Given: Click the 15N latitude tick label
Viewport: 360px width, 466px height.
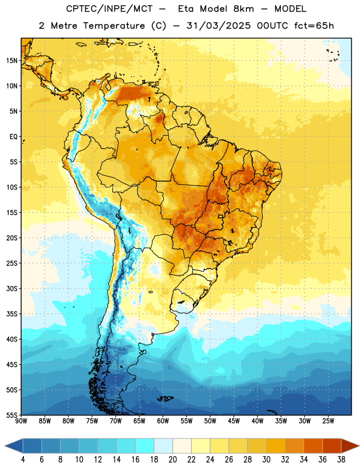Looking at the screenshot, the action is (12, 61).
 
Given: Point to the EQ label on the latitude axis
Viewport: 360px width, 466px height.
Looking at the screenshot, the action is (13, 137).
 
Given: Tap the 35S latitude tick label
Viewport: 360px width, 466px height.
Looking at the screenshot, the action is (12, 314).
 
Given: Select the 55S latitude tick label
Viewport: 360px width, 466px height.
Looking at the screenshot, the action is (12, 415).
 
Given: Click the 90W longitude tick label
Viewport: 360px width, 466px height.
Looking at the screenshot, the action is (22, 421).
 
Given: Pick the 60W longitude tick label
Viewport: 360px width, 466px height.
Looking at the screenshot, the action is (163, 421).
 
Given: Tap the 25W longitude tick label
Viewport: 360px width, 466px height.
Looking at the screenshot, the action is (328, 421).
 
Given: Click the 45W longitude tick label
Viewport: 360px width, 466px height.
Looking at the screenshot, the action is (234, 421).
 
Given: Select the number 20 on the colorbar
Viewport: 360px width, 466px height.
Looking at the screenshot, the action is (172, 460).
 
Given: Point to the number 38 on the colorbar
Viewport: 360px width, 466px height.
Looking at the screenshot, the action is (341, 460).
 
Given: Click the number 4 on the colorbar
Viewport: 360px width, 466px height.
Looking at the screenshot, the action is (23, 460).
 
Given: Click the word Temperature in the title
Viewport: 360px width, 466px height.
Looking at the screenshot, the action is (114, 26).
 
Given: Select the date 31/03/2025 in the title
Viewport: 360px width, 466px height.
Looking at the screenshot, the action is (218, 26).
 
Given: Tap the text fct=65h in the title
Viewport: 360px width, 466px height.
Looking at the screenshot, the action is (314, 26).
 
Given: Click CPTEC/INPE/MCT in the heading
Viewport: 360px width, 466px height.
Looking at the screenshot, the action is (109, 9).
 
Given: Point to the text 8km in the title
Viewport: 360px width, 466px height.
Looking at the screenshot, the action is (243, 9).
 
